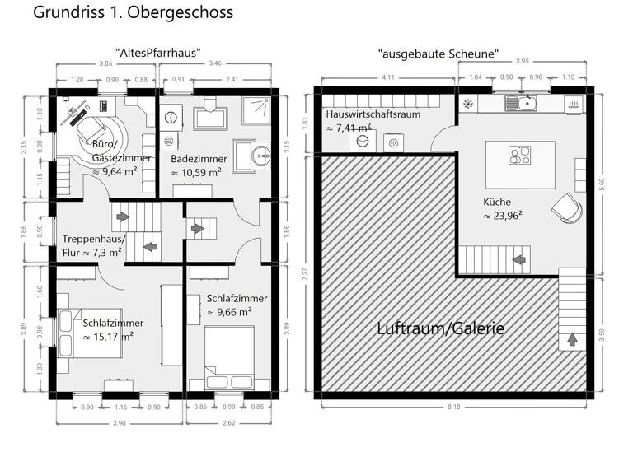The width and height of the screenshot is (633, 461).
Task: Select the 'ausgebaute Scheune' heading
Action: (438, 53)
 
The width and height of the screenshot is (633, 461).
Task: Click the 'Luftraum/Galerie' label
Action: (440, 328)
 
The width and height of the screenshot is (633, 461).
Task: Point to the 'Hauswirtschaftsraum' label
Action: (373, 114)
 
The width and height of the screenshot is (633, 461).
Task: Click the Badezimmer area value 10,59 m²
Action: (196, 173)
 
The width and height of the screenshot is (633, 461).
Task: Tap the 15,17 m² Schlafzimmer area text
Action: (108, 337)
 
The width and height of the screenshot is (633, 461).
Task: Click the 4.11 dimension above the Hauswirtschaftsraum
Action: (387, 77)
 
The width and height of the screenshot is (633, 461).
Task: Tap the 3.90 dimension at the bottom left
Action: (119, 423)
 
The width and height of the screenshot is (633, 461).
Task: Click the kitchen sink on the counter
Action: (521, 103)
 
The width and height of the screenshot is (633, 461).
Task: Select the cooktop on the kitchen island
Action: (521, 155)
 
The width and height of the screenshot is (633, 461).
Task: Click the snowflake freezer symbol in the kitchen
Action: (468, 104)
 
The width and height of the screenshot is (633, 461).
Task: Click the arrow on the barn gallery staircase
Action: (571, 338)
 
